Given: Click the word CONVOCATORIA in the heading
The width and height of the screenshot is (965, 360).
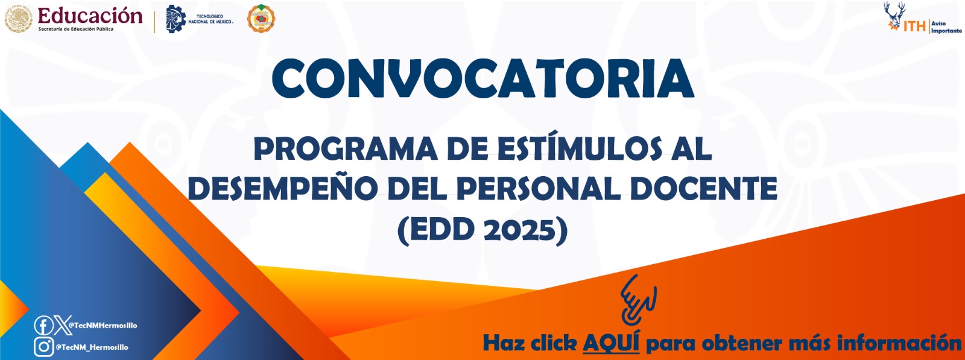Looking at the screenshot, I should coord(482,78).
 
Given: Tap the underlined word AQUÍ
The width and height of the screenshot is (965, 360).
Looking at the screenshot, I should coord(611,343).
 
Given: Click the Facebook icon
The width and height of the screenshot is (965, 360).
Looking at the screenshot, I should coord(43,326).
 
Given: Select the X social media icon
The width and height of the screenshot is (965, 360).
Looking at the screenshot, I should coord(62,326).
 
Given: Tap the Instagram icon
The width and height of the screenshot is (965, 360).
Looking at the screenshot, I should coord(43,347).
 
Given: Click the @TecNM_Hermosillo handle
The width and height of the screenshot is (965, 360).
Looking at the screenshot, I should coord(92,347).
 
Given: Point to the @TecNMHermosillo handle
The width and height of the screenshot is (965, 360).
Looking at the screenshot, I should coord(103,326).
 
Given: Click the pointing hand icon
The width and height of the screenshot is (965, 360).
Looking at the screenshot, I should coord(638,300).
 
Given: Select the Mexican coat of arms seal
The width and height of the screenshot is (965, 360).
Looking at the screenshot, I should coord(19,19).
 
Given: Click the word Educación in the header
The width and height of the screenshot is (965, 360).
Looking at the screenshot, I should coord(90,15).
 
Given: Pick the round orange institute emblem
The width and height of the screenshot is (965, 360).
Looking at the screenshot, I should coord(261,19).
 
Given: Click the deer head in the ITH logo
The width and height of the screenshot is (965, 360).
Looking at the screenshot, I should coord(894,13).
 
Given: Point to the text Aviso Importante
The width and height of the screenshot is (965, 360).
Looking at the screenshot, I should coord(946,27).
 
